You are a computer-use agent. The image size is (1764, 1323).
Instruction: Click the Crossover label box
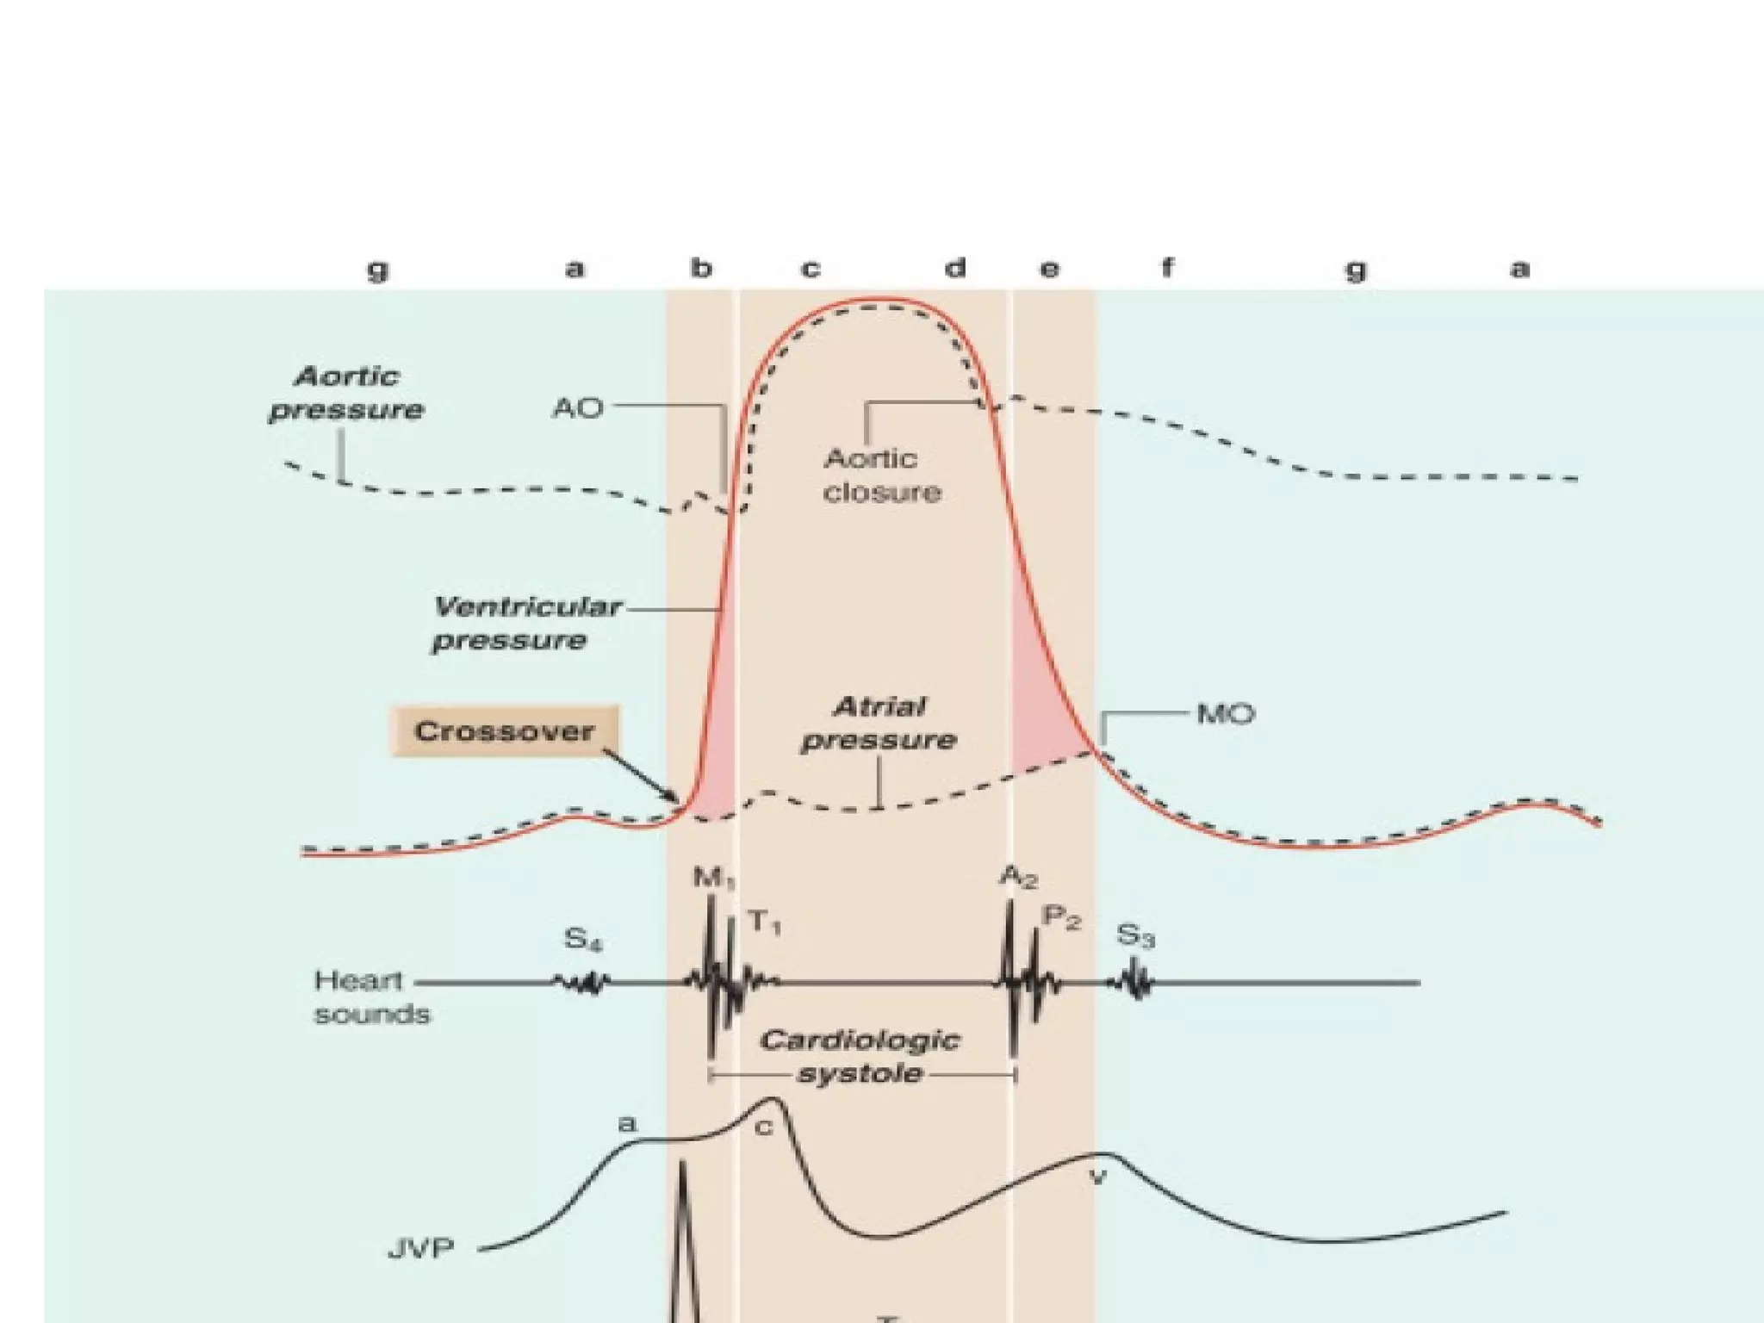[x=505, y=731]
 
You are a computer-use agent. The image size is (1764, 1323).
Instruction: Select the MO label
[x=1225, y=714]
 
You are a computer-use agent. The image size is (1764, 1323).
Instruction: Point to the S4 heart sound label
[x=583, y=938]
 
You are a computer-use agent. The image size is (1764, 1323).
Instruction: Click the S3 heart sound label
[x=1135, y=935]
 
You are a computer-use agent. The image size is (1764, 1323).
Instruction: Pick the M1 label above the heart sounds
[x=714, y=879]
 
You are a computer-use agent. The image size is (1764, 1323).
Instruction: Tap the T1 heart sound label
[x=763, y=922]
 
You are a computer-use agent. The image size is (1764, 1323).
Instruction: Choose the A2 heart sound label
[x=1018, y=877]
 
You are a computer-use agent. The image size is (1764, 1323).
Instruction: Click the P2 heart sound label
[x=1060, y=918]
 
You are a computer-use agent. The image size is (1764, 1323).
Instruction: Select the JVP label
[x=421, y=1248]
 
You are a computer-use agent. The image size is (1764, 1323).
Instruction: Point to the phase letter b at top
[x=702, y=269]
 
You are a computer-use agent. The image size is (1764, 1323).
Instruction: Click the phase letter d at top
[x=954, y=269]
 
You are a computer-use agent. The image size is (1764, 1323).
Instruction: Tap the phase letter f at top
[x=1167, y=269]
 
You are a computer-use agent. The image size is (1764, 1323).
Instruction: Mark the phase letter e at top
[x=1049, y=270]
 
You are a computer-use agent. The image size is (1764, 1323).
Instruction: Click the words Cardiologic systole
[x=859, y=1057]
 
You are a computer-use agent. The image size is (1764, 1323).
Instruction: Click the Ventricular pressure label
[x=525, y=624]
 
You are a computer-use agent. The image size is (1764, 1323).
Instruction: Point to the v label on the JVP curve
[x=1097, y=1177]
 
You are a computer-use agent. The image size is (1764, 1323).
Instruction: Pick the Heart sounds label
[x=371, y=997]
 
